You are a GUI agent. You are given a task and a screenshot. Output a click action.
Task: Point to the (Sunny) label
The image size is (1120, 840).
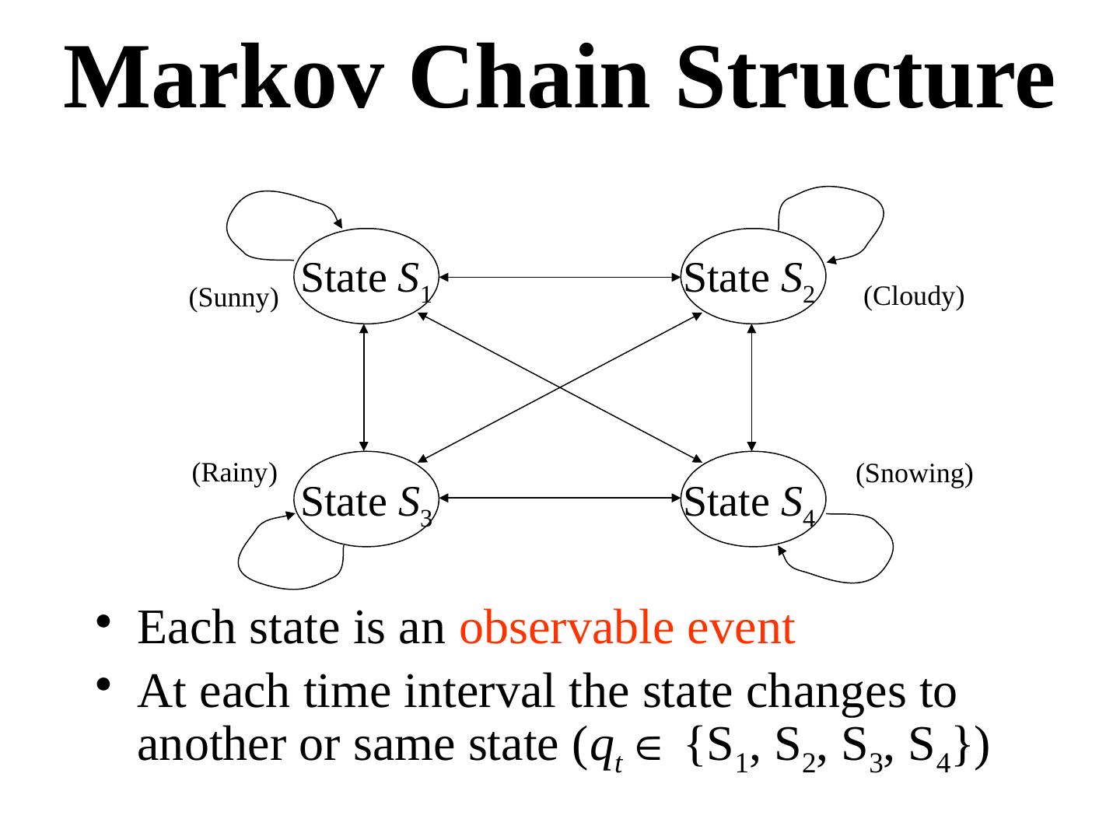(x=233, y=298)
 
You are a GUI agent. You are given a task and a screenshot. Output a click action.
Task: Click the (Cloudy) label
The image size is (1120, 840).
(x=914, y=296)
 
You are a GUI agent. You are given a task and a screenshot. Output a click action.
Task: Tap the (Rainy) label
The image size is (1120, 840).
(x=234, y=472)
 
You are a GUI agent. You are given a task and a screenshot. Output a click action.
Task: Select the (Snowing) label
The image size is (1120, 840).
(x=914, y=473)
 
